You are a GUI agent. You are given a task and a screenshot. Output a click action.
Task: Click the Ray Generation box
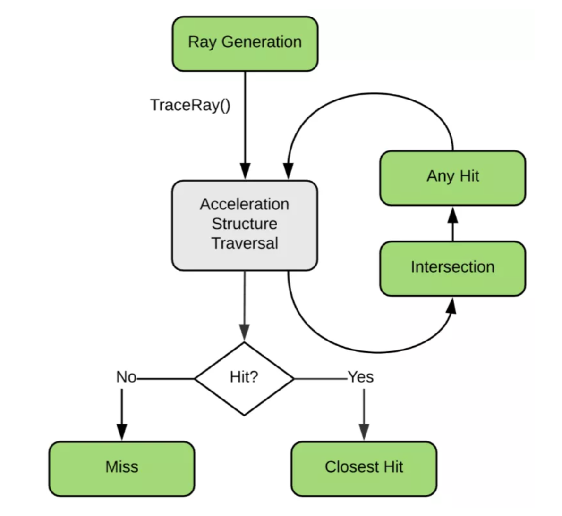(x=245, y=44)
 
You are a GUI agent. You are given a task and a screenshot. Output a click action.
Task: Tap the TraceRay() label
(x=190, y=105)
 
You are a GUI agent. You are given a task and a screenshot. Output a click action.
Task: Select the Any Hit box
(x=453, y=178)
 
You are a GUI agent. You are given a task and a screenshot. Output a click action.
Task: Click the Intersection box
(x=453, y=269)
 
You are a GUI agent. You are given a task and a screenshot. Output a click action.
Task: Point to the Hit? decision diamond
(x=245, y=379)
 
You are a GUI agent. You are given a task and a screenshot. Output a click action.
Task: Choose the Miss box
(x=122, y=469)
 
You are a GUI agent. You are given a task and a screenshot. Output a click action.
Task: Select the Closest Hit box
(x=364, y=469)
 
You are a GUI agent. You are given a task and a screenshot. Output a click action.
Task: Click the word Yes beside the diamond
(x=361, y=377)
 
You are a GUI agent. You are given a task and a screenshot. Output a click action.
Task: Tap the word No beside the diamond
(x=126, y=377)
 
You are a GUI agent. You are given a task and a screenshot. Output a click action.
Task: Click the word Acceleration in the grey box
(x=245, y=204)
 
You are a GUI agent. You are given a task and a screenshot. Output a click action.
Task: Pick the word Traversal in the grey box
(x=245, y=243)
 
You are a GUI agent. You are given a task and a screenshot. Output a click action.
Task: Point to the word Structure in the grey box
(x=245, y=224)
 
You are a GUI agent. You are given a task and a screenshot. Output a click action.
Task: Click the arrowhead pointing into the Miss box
(x=122, y=432)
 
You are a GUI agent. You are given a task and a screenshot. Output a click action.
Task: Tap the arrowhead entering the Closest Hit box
(x=364, y=432)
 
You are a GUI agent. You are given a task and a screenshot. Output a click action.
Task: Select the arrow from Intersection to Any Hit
(x=453, y=224)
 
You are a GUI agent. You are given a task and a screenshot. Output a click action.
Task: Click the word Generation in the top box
(x=262, y=42)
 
